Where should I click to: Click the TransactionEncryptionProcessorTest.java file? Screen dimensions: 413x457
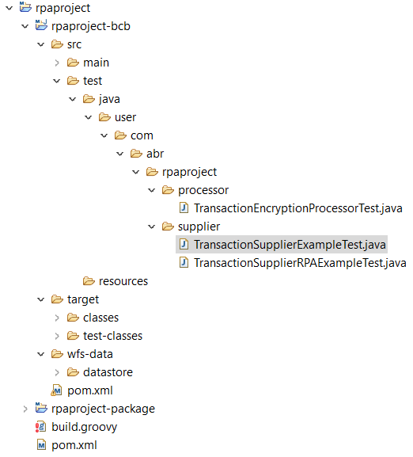(x=298, y=208)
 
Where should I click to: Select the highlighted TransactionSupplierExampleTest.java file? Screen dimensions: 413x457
(x=290, y=245)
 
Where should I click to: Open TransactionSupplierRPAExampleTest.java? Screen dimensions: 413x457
(x=300, y=263)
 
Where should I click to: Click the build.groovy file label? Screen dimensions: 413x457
(x=84, y=427)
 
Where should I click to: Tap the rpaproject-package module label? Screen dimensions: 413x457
(x=103, y=409)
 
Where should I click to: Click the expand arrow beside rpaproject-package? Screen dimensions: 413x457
(x=25, y=409)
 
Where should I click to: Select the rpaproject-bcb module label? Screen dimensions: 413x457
(x=91, y=26)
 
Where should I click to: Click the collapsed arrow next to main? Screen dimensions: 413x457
(x=57, y=63)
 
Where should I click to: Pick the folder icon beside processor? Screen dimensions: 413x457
(x=168, y=190)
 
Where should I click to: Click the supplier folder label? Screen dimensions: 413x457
(x=199, y=227)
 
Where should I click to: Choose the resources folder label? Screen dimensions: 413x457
(x=123, y=281)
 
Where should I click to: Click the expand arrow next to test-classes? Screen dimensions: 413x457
(x=57, y=336)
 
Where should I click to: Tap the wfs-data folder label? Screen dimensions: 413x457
(x=90, y=354)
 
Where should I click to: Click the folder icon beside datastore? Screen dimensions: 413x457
(x=73, y=372)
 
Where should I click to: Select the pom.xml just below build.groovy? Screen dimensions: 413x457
(x=74, y=445)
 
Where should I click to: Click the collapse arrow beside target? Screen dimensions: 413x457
(x=41, y=299)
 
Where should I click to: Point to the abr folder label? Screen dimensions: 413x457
(x=155, y=154)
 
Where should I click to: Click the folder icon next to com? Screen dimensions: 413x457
(x=120, y=135)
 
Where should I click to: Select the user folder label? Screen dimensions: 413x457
(x=126, y=117)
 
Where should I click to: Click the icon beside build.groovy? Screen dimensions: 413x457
(x=41, y=427)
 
